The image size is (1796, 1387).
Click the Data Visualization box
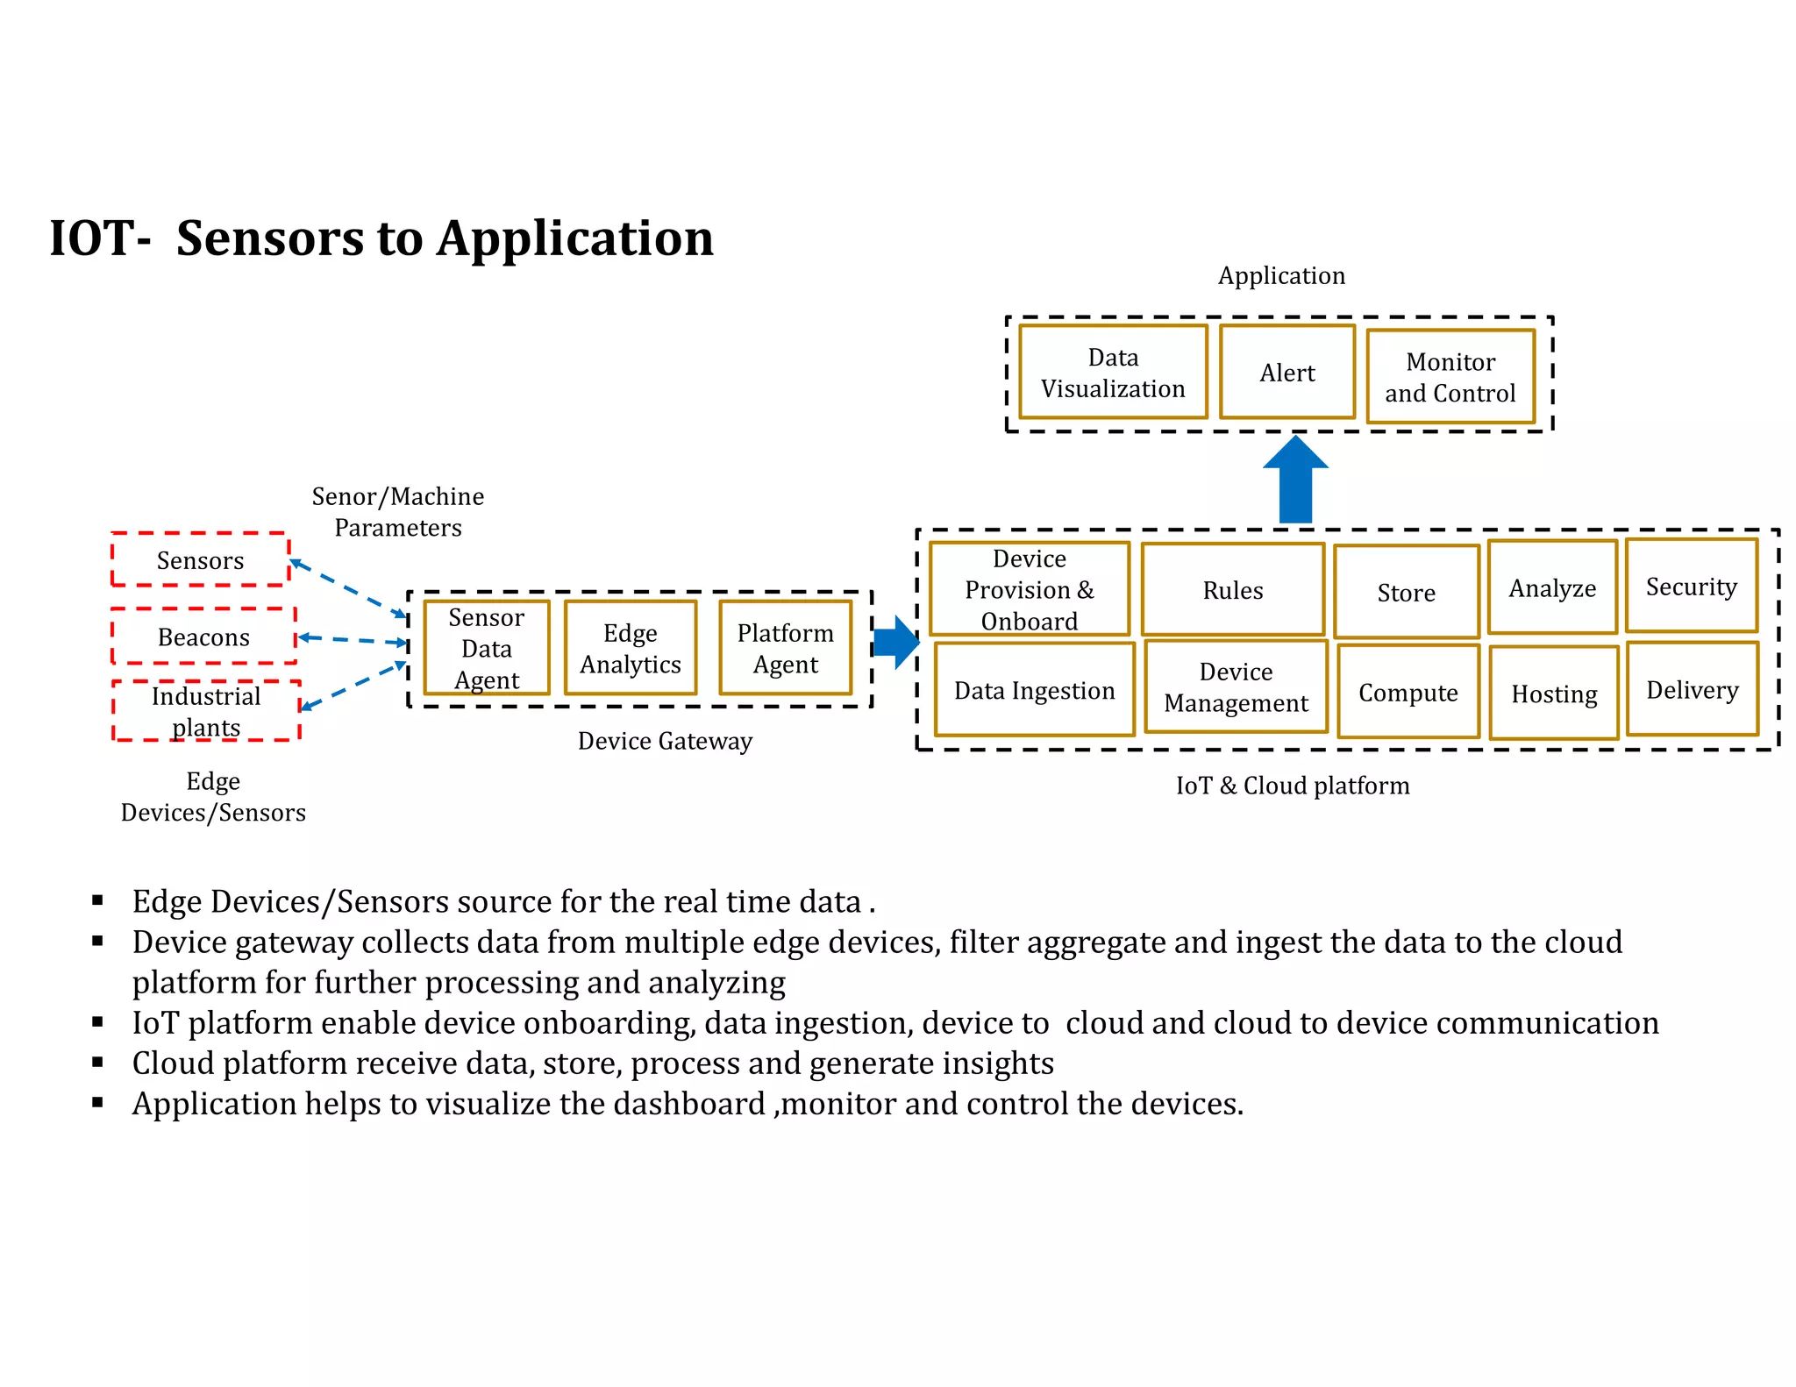(1112, 373)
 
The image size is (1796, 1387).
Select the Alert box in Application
(1286, 373)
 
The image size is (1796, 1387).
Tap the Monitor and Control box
(1450, 377)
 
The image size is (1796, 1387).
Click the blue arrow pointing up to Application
(1295, 482)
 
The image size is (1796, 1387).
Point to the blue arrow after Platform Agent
(894, 643)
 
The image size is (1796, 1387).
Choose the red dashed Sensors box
(200, 559)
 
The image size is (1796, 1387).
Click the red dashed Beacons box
(203, 637)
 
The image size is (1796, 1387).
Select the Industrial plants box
(206, 711)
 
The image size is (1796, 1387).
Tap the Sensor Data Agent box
(486, 648)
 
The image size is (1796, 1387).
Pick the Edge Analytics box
(630, 648)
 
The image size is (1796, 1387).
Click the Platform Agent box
(785, 648)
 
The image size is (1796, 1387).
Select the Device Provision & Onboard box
(1029, 589)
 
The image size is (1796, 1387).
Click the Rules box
(1232, 590)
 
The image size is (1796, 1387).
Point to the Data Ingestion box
(1034, 690)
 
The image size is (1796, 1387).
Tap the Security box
(1691, 586)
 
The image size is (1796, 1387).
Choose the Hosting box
(1553, 693)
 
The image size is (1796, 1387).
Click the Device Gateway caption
(665, 741)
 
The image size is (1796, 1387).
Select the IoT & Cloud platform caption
(1292, 786)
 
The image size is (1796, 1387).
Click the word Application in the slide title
(575, 238)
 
